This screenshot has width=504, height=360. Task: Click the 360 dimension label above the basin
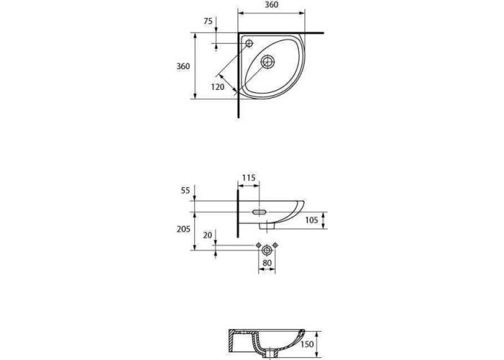pos(271,5)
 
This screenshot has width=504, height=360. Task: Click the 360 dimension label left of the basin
pos(183,66)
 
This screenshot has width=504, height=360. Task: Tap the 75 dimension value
pos(208,21)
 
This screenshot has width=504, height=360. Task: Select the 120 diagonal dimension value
pos(218,87)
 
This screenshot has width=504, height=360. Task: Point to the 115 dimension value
pos(249,178)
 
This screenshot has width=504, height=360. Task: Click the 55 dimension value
pos(186,191)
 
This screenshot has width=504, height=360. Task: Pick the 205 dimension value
pos(183,229)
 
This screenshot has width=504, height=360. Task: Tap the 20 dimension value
pos(208,235)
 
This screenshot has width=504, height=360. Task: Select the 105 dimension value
pos(312,220)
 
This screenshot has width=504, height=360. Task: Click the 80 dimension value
pos(267,263)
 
